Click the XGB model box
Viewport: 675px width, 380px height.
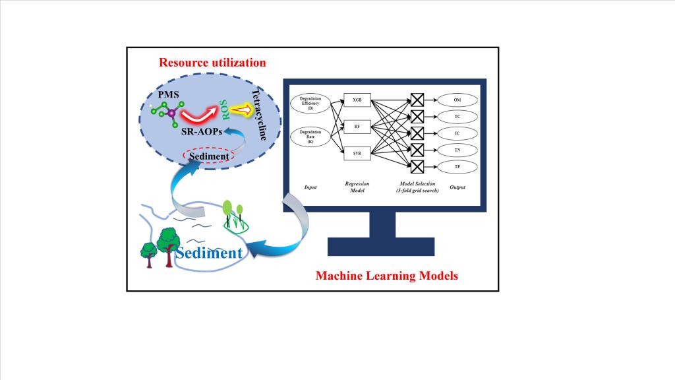357,100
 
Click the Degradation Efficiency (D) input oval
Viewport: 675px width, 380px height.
310,104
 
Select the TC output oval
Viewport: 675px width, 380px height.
457,116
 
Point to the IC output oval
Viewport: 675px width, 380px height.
457,133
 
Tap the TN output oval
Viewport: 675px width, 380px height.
457,150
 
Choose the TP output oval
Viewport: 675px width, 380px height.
457,166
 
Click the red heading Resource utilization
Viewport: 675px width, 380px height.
212,63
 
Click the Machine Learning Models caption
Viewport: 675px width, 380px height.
386,275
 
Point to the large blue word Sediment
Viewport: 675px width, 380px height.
209,251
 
